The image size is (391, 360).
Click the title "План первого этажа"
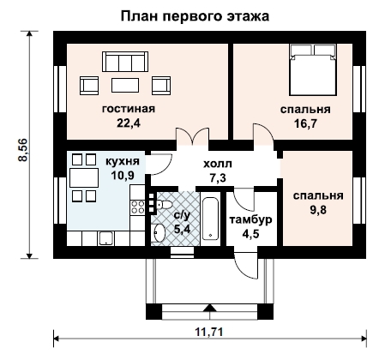pyautogui.click(x=195, y=16)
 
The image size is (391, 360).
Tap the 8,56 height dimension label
pyautogui.click(x=22, y=150)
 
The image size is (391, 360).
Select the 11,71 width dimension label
pyautogui.click(x=209, y=332)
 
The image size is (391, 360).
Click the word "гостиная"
pyautogui.click(x=129, y=109)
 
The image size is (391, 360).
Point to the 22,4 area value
pyautogui.click(x=129, y=123)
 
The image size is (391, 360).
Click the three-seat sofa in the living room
pyautogui.click(x=125, y=62)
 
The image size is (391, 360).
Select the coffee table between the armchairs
pyautogui.click(x=125, y=86)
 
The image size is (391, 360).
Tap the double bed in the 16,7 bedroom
pyautogui.click(x=313, y=69)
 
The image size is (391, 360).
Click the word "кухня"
pyautogui.click(x=123, y=161)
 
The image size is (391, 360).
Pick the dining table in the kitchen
pyautogui.click(x=84, y=177)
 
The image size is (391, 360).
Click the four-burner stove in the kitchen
pyautogui.click(x=137, y=207)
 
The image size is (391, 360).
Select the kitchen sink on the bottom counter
pyautogui.click(x=106, y=238)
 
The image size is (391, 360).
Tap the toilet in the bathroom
pyautogui.click(x=164, y=205)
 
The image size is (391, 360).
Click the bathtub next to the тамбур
pyautogui.click(x=210, y=219)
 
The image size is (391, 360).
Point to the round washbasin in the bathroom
pyautogui.click(x=159, y=233)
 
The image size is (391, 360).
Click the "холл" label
pyautogui.click(x=218, y=165)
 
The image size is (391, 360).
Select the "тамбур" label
pyautogui.click(x=251, y=220)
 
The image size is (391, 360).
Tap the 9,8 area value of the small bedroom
pyautogui.click(x=318, y=210)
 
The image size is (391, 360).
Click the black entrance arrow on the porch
pyautogui.click(x=210, y=308)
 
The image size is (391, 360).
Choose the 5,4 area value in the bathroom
pyautogui.click(x=182, y=229)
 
